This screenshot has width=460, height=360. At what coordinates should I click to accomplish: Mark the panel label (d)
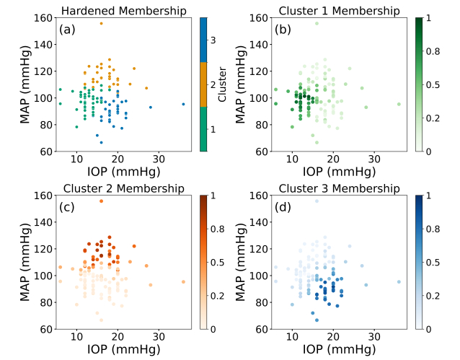(x=282, y=208)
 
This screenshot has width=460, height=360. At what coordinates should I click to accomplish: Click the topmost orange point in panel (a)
(x=101, y=23)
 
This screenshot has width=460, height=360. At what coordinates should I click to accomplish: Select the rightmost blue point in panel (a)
(x=183, y=104)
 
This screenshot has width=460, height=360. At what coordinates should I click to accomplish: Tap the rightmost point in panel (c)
(x=183, y=282)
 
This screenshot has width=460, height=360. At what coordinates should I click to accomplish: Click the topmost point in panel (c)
(x=101, y=201)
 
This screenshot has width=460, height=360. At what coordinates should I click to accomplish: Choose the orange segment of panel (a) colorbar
(x=204, y=85)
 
